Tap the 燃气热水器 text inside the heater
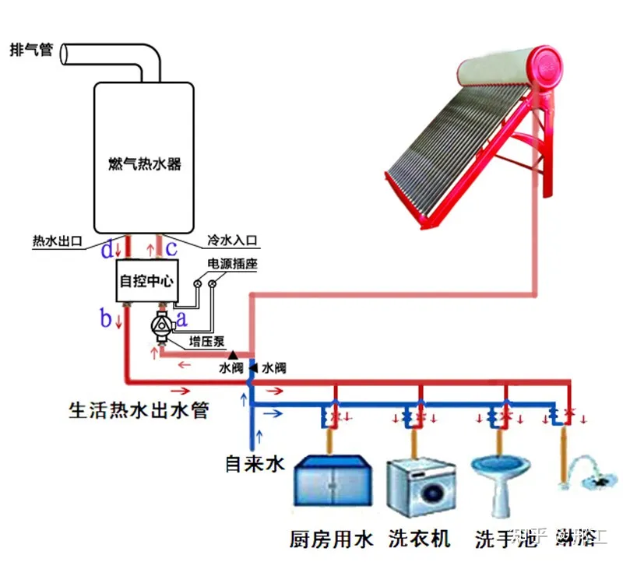[x=145, y=164]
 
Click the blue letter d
[x=107, y=249]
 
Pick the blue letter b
[x=106, y=318]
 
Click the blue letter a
[x=181, y=318]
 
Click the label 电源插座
[x=232, y=265]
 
